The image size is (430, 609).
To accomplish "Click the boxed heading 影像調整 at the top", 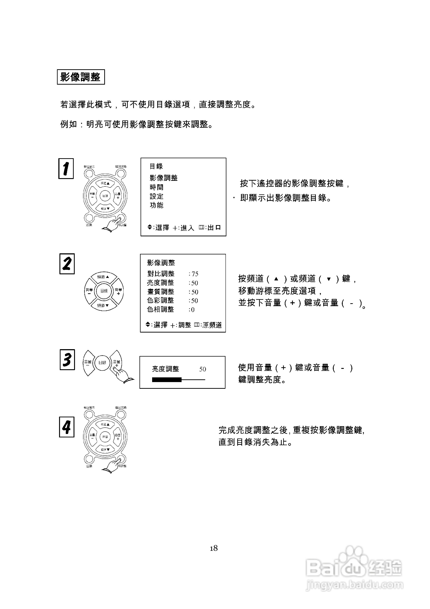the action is [x=81, y=77].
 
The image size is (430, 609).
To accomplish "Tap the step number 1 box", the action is [x=66, y=169].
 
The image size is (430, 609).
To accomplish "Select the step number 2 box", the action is [x=67, y=264].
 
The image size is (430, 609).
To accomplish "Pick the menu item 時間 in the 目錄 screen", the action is [x=156, y=187].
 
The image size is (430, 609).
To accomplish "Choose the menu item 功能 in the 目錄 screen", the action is [x=156, y=205].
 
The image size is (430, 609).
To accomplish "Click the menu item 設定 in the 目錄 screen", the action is [x=156, y=196].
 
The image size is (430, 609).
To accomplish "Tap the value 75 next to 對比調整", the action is [x=195, y=274].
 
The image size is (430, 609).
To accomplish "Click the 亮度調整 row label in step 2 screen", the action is [x=160, y=283].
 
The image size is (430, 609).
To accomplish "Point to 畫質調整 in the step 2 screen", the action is [x=161, y=292].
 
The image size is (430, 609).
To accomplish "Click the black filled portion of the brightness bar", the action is [x=166, y=380].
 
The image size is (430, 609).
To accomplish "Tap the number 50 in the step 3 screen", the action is [x=203, y=369].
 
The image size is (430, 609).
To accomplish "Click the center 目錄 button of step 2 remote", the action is [x=104, y=291].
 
